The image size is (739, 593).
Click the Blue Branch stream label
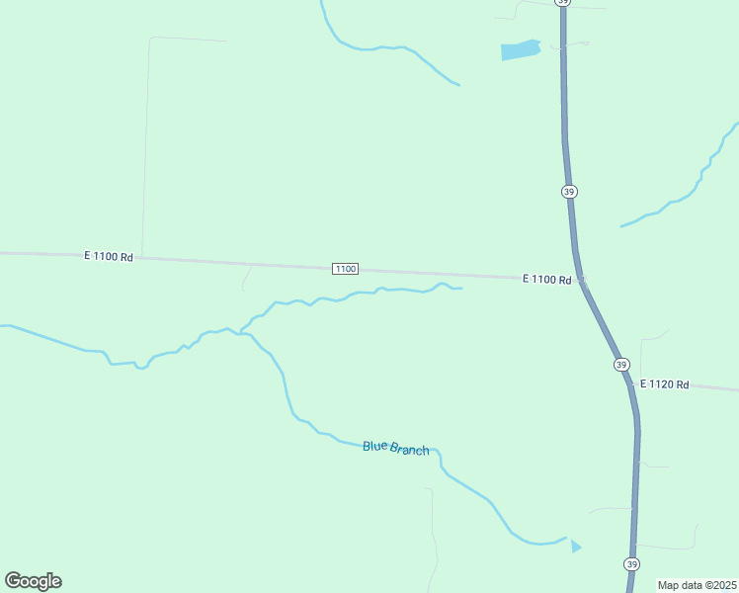(395, 448)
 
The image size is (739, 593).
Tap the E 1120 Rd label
(664, 383)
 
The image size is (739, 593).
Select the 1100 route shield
(345, 269)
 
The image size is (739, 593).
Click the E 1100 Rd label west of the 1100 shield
(109, 256)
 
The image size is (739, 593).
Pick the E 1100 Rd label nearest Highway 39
(546, 280)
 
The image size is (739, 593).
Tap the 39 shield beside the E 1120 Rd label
(620, 365)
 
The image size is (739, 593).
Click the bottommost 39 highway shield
(631, 563)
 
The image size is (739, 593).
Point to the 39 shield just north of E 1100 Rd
(568, 191)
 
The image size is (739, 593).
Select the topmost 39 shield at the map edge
(562, 3)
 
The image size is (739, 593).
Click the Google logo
(33, 581)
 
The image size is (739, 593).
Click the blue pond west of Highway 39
(520, 50)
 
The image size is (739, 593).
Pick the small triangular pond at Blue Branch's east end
(576, 546)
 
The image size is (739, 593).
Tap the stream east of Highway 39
(682, 193)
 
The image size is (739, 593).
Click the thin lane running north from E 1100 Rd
(145, 148)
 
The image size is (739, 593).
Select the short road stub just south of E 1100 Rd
(246, 278)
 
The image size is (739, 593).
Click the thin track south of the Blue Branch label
(433, 534)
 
